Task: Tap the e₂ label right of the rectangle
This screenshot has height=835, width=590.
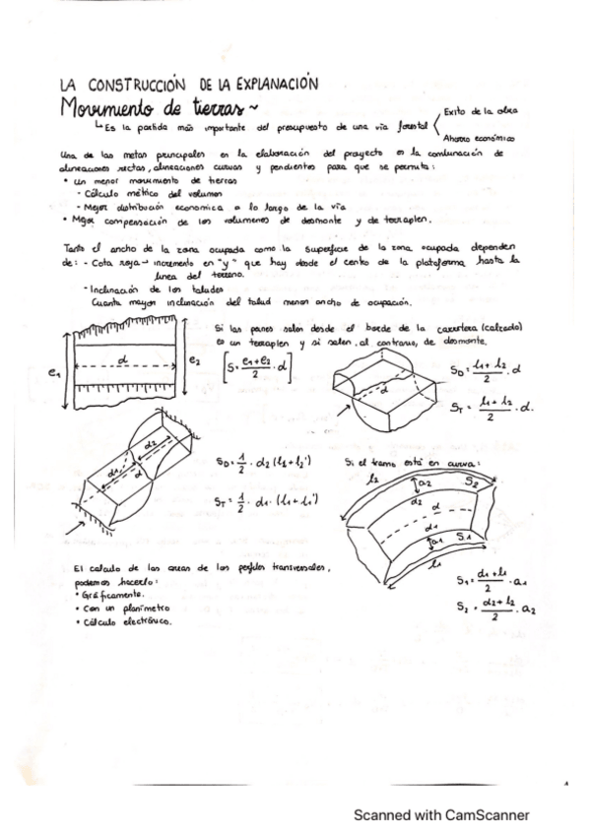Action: point(193,362)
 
